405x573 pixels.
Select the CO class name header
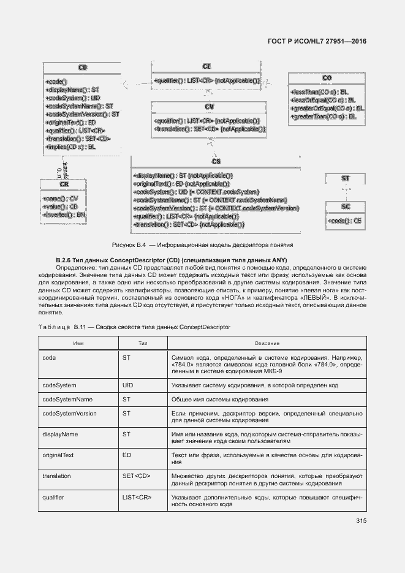[327, 78]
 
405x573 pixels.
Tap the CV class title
[209, 107]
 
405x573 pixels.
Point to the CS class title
[216, 161]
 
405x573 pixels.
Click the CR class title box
[64, 184]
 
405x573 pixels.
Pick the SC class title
[346, 207]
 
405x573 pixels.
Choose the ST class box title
[346, 178]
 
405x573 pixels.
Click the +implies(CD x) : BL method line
[70, 147]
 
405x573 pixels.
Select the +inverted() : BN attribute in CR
[64, 215]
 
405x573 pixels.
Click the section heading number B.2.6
[64, 260]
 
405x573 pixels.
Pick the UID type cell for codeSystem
[127, 385]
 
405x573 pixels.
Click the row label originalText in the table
[58, 456]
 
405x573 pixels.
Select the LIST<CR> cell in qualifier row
[136, 497]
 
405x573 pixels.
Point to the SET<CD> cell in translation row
[134, 476]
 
